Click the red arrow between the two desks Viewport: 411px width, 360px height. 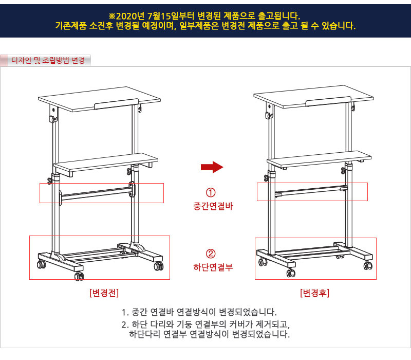212,167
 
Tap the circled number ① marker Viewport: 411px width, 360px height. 211,192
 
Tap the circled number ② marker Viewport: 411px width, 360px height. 211,254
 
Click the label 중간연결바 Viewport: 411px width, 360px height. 213,206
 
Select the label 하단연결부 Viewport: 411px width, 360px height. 213,267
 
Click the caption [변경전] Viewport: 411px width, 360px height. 104,293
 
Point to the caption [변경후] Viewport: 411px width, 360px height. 314,293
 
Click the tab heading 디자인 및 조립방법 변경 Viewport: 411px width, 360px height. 48,60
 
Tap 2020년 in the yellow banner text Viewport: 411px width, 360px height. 130,16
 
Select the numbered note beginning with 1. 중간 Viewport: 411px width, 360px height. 199,312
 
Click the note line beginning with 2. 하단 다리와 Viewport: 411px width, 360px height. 206,325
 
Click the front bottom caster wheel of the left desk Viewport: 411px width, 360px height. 79,276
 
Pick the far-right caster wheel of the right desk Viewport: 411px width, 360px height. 368,265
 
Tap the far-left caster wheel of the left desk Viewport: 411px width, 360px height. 42,264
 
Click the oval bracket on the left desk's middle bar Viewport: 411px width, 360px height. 132,189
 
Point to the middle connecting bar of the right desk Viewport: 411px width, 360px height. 311,191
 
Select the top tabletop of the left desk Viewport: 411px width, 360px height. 99,99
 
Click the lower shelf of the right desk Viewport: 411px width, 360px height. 319,159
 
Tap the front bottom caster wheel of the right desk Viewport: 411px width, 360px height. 291,273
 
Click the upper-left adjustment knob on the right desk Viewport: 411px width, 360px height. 268,115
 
